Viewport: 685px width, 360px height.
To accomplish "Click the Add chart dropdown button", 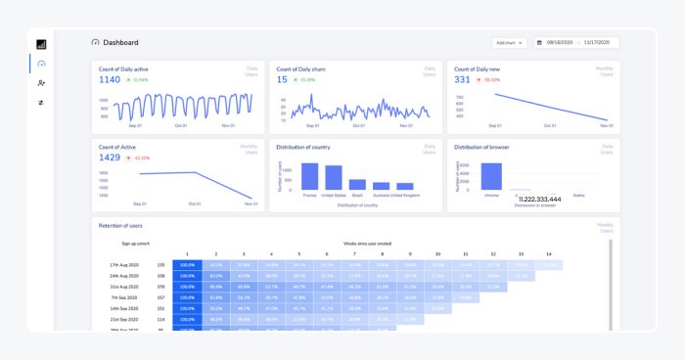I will coord(509,43).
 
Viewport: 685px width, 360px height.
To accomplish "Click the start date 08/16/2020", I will coord(560,43).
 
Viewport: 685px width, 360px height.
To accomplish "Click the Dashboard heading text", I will coord(120,43).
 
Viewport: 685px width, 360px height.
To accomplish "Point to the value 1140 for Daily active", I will coord(110,80).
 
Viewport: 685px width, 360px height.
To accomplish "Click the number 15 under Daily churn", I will coord(282,80).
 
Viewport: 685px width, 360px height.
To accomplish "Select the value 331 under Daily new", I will coord(463,80).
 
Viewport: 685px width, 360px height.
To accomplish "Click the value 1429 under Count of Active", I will coord(110,157).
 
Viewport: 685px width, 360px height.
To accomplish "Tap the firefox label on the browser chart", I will coord(578,196).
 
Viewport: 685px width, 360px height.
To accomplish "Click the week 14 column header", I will coord(549,252).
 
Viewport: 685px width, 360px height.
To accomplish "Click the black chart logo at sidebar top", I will coord(41,44).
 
